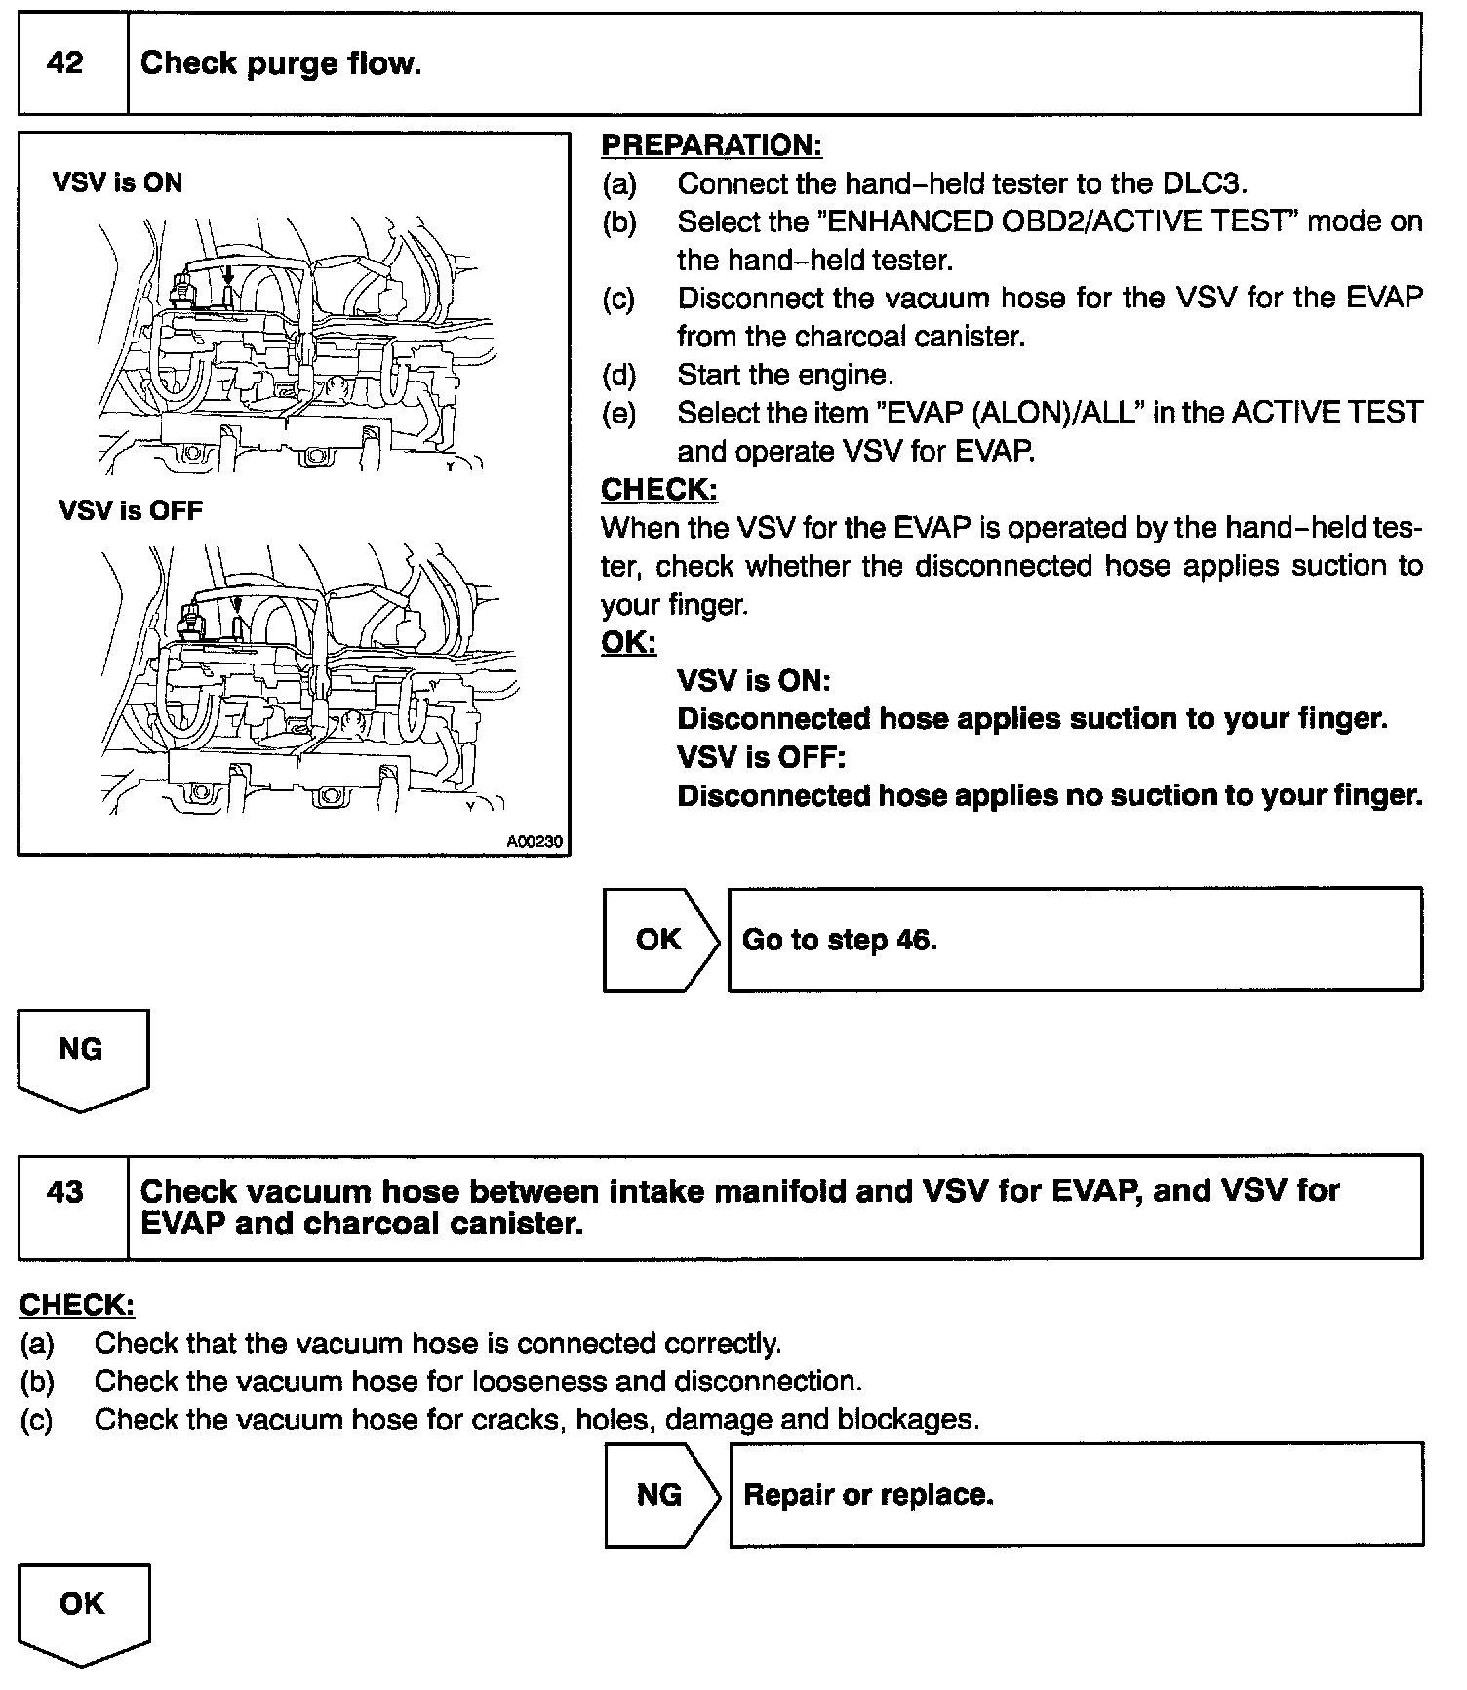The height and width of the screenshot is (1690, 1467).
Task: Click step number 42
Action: click(x=65, y=64)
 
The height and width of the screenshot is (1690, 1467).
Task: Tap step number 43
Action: click(x=65, y=1192)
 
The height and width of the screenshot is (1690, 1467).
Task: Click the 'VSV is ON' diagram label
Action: click(x=118, y=182)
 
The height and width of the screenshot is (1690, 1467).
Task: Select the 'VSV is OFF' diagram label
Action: click(x=131, y=510)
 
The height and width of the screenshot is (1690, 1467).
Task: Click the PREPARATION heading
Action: click(x=711, y=145)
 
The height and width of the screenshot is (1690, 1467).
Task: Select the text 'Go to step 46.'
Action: click(x=839, y=940)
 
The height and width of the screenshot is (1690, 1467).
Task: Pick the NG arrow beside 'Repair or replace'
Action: click(x=660, y=1495)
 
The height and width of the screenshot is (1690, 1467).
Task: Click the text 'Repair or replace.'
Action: click(x=868, y=1495)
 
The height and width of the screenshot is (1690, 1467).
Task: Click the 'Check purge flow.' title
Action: click(x=281, y=64)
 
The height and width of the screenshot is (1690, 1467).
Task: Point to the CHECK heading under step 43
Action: click(x=76, y=1305)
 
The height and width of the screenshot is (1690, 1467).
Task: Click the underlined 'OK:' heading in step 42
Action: click(x=628, y=642)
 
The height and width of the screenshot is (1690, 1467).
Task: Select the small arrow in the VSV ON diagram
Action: click(x=229, y=270)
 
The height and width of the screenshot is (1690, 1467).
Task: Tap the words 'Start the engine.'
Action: click(x=785, y=375)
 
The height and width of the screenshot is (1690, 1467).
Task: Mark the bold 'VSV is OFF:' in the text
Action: click(x=761, y=757)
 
